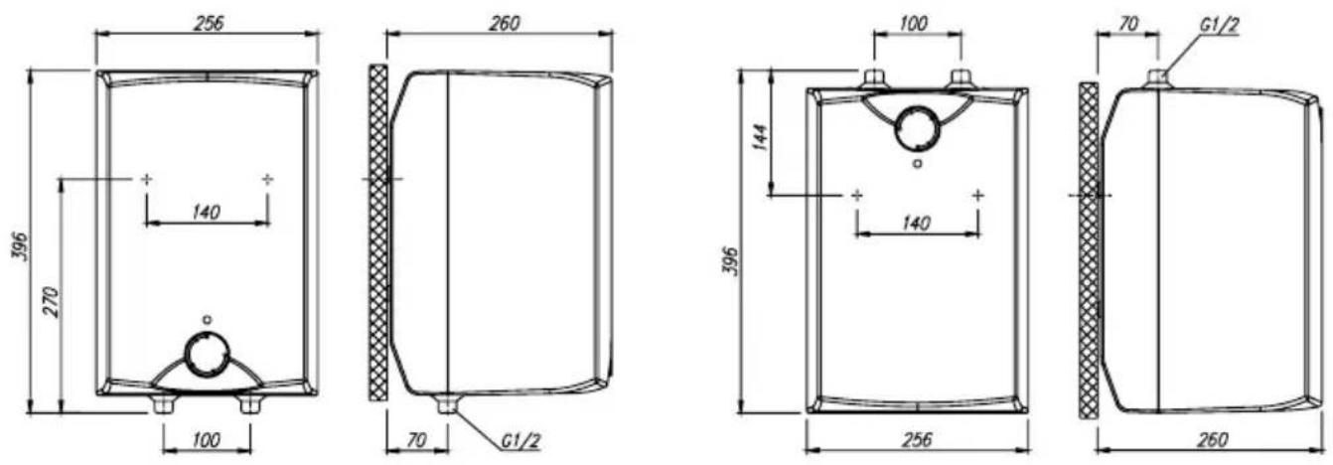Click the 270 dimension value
53,302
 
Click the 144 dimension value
762,136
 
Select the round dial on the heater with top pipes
918,129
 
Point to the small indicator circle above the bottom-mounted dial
207,320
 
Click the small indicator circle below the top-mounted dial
918,163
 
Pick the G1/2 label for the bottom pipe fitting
520,441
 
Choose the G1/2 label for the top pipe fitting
1217,25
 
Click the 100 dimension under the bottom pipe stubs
207,440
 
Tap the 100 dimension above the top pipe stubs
914,24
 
